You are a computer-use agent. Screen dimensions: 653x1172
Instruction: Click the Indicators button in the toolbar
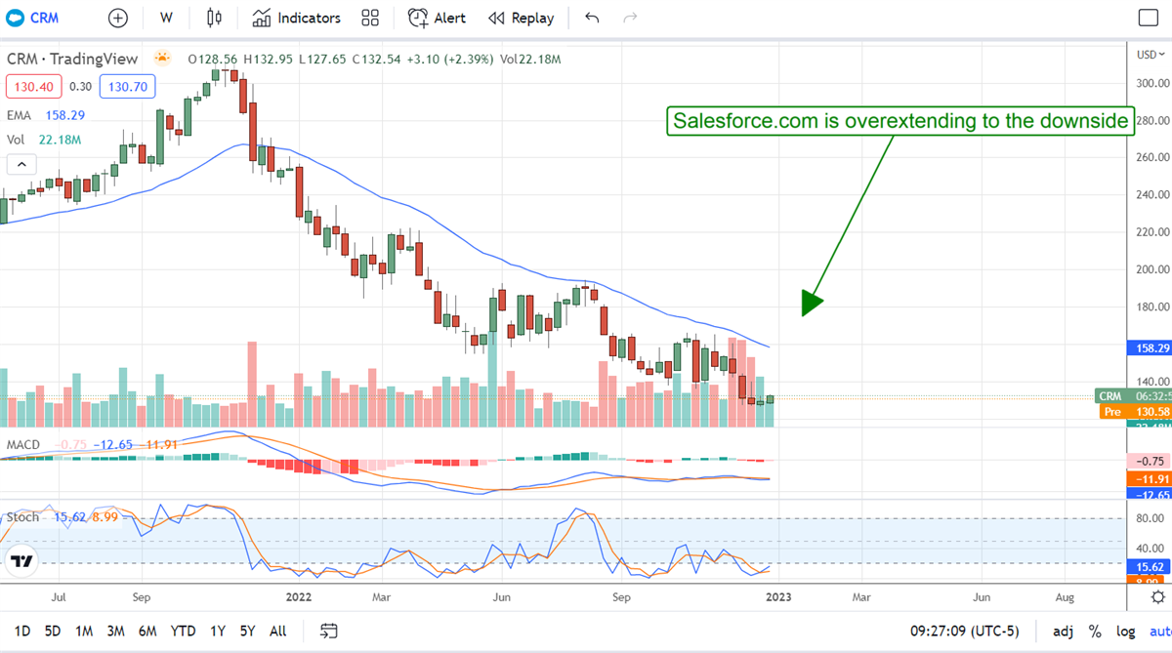click(x=296, y=18)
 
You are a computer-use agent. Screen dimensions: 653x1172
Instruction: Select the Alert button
click(x=437, y=18)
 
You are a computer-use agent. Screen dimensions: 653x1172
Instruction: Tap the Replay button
click(x=521, y=18)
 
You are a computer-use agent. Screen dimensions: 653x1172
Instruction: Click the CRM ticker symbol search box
click(x=40, y=18)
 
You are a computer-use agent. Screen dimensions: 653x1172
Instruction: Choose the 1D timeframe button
click(x=21, y=631)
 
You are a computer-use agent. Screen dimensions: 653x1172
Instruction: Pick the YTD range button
click(x=183, y=631)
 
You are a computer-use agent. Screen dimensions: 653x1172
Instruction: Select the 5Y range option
click(x=248, y=631)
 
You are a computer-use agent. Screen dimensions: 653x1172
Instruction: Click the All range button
click(x=277, y=631)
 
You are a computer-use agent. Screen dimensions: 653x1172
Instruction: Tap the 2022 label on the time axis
click(x=299, y=595)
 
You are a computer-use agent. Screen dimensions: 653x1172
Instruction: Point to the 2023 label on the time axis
click(x=777, y=595)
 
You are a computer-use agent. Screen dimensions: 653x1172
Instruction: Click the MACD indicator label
click(x=22, y=445)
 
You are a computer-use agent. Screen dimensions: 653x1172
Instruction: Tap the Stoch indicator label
click(x=23, y=516)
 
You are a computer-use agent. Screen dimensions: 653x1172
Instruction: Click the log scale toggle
click(x=1125, y=631)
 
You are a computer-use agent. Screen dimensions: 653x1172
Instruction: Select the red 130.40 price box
click(x=32, y=87)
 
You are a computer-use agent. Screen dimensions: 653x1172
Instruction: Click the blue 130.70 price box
click(x=127, y=87)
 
